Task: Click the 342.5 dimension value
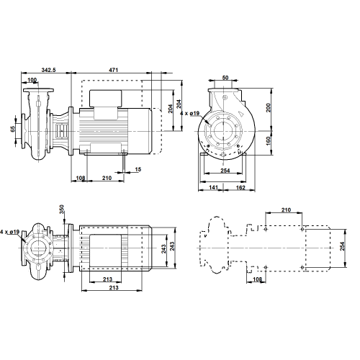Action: coord(48,70)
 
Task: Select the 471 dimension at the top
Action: coord(114,70)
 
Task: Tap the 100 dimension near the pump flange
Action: coord(32,80)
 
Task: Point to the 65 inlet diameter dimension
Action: coord(13,128)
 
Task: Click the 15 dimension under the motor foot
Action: coord(138,169)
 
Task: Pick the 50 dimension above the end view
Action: coord(225,78)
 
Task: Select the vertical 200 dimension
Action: coord(269,107)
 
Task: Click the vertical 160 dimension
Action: coord(269,140)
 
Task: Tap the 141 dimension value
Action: coord(213,187)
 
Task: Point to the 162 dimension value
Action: coord(240,187)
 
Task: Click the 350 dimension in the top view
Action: coord(62,210)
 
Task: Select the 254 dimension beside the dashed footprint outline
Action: coord(342,246)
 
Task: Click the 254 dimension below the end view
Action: coord(225,171)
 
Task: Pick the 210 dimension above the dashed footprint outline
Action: coord(286,210)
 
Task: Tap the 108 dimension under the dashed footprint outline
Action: coord(257,279)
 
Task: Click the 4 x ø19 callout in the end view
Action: coord(189,113)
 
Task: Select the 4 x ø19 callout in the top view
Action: coord(9,232)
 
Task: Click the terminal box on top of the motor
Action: coord(106,99)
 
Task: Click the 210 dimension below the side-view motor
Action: coord(107,178)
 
